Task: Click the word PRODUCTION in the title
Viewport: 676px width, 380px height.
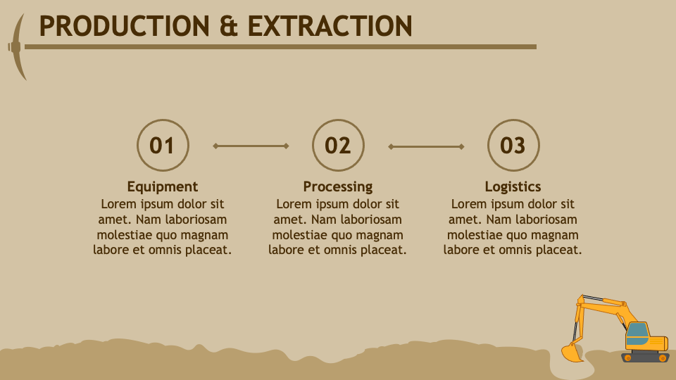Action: click(124, 27)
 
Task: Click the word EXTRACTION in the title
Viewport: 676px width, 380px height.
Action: click(330, 27)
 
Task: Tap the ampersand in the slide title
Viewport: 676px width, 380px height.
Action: click(229, 27)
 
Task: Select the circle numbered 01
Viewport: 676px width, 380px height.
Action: click(163, 146)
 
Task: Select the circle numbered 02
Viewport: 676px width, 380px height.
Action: click(338, 146)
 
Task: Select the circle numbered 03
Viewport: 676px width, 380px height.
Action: click(513, 146)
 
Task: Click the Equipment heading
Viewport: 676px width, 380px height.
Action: click(163, 186)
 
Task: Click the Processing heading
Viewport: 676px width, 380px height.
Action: click(338, 186)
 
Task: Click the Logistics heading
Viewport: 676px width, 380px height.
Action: click(513, 186)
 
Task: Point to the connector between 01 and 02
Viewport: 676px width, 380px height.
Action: click(251, 146)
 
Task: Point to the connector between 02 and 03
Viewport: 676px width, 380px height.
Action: click(426, 146)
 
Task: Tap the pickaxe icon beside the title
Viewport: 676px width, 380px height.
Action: click(18, 47)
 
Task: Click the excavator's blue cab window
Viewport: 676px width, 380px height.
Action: click(637, 331)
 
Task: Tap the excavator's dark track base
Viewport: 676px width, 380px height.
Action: click(645, 357)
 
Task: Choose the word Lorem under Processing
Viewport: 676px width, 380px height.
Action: click(294, 204)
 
